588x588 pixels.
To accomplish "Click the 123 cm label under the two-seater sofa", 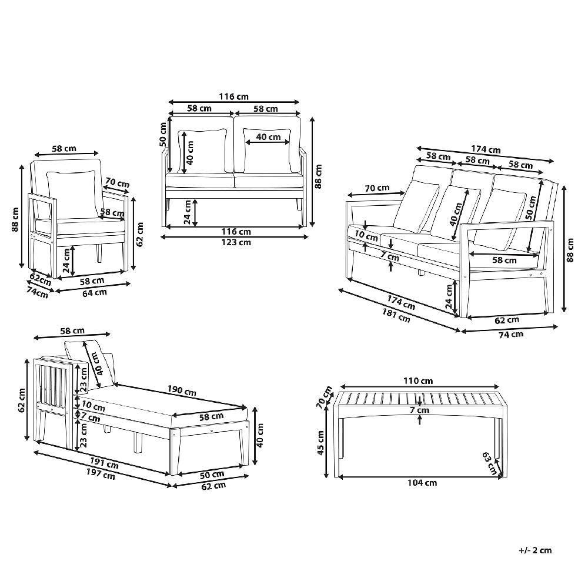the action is click(x=236, y=242).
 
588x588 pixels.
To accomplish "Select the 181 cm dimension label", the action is click(x=396, y=315).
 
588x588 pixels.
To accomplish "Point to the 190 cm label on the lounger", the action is click(x=182, y=390).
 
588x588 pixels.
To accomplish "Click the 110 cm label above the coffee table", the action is click(x=417, y=381).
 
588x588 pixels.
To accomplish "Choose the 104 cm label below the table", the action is click(x=422, y=483).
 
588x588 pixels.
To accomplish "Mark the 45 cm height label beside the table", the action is click(x=320, y=443).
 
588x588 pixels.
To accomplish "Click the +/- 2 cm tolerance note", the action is click(x=535, y=550).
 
